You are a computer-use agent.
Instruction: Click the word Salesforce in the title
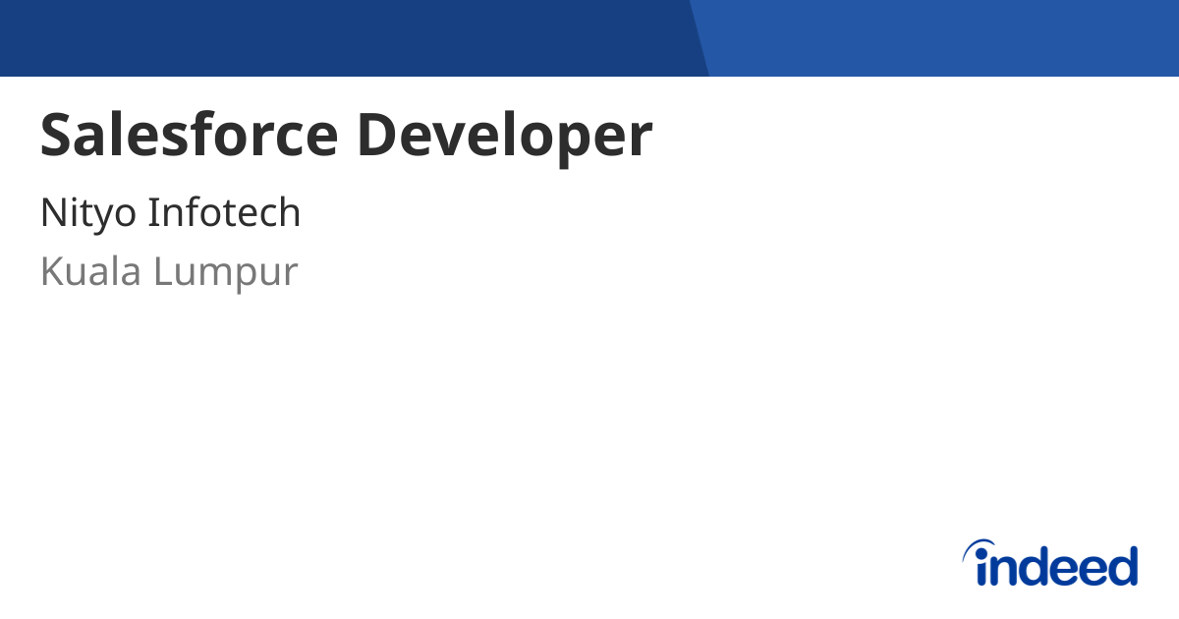click(188, 136)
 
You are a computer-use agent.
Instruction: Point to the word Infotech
click(224, 212)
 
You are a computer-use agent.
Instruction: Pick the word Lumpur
click(226, 273)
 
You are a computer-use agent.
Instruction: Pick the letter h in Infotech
click(289, 212)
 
